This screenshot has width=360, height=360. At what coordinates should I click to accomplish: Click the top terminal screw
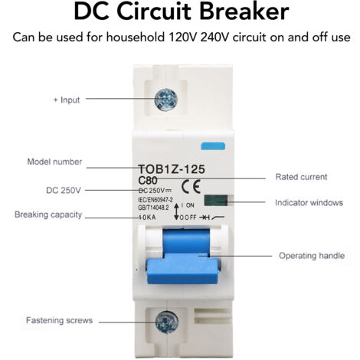point(166,100)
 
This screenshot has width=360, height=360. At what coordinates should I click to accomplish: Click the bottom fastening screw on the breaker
point(167,322)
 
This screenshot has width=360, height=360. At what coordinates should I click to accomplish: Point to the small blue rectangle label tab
point(213,146)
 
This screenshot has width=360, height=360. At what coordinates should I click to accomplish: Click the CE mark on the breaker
point(191,187)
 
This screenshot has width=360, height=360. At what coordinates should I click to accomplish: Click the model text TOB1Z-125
point(172,169)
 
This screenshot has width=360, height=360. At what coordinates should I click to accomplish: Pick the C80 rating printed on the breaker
point(148,181)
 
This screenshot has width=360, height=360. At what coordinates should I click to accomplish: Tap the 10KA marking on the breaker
point(147,218)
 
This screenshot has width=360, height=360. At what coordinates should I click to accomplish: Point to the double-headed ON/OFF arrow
point(176,211)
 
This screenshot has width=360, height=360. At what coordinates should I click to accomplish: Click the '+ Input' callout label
point(67,100)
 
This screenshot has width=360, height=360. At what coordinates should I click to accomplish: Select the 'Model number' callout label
point(54,162)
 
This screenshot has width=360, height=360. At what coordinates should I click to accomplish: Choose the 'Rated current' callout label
point(301,177)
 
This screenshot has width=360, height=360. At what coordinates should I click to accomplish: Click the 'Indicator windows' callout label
point(309,203)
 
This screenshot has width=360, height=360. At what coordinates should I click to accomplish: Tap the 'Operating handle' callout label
point(312,256)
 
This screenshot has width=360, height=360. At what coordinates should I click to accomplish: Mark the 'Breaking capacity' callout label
point(48,214)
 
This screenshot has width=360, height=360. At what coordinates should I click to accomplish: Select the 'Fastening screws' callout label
point(59,320)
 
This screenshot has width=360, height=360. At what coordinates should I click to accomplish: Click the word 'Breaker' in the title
point(244,11)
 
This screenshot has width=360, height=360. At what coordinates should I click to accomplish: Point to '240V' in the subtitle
point(215,38)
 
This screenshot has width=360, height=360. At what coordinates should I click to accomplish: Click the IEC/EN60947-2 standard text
point(155,200)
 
